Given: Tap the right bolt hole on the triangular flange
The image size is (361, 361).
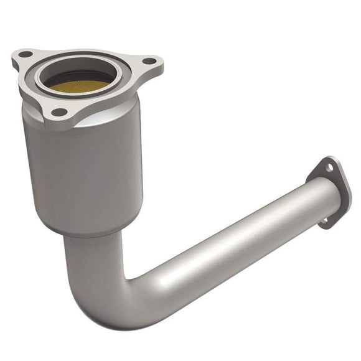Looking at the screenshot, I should tap(148, 62).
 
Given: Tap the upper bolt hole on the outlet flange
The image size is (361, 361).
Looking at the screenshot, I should tap(329, 166).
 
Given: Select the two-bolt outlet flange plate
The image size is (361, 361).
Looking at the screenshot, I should tap(340, 187).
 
